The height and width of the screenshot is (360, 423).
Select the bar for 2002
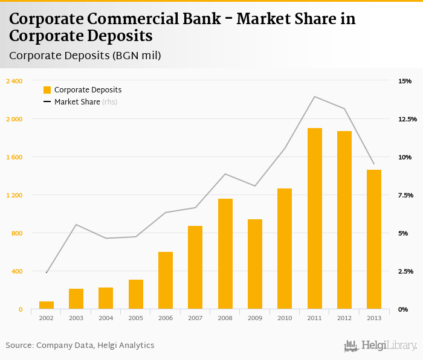(47, 305)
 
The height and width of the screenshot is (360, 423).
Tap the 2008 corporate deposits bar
(225, 254)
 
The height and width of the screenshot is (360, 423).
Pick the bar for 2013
(374, 239)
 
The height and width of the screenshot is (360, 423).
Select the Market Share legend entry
(77, 102)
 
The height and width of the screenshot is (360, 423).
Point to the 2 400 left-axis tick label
(14, 81)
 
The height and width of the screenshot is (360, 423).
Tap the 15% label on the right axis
(405, 81)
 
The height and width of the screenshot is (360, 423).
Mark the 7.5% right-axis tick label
(405, 195)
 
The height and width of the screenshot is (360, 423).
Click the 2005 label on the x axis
(135, 318)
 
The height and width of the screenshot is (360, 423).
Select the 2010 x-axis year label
(285, 318)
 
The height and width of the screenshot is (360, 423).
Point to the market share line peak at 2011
(314, 97)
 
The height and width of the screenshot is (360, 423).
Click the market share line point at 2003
(76, 225)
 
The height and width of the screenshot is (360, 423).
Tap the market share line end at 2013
(374, 164)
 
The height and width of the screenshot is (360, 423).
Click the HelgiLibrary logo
(380, 346)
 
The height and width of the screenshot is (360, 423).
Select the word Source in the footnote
(19, 346)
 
